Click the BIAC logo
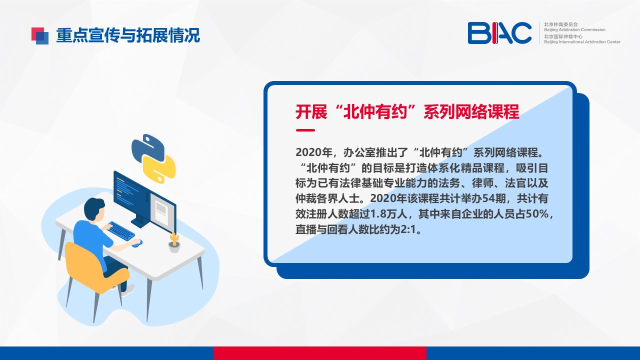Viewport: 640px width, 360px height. point(499,33)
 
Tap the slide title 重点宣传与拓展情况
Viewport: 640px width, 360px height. point(128,35)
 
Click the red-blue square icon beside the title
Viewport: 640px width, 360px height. point(40,35)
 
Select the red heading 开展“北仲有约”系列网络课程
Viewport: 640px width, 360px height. point(407,111)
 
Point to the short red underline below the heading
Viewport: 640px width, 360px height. point(305,130)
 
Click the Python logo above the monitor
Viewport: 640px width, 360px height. point(153,159)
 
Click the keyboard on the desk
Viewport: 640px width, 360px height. point(121,231)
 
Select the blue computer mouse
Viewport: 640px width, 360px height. point(137,243)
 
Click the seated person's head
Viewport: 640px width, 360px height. point(94,209)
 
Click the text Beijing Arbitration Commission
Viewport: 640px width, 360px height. point(574,29)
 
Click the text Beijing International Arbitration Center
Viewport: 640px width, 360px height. point(582,41)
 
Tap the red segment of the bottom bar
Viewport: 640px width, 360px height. point(320,353)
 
